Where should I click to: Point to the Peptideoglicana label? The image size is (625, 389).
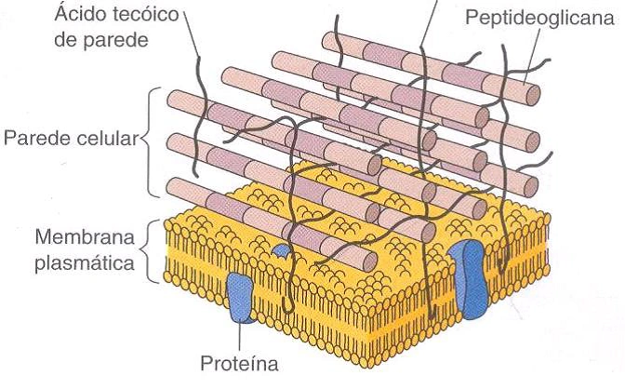[x=539, y=19]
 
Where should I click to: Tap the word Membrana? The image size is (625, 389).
[x=85, y=237]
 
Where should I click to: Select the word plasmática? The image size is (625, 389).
[x=85, y=263]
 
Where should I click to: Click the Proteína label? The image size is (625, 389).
[x=239, y=363]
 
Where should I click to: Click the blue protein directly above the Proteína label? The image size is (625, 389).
[x=240, y=297]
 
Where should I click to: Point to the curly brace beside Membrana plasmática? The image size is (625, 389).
[x=148, y=250]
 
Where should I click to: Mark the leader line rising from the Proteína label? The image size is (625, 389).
[x=240, y=337]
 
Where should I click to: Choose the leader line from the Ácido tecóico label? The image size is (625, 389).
[x=193, y=34]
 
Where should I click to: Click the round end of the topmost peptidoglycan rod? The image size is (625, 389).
[x=533, y=95]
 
